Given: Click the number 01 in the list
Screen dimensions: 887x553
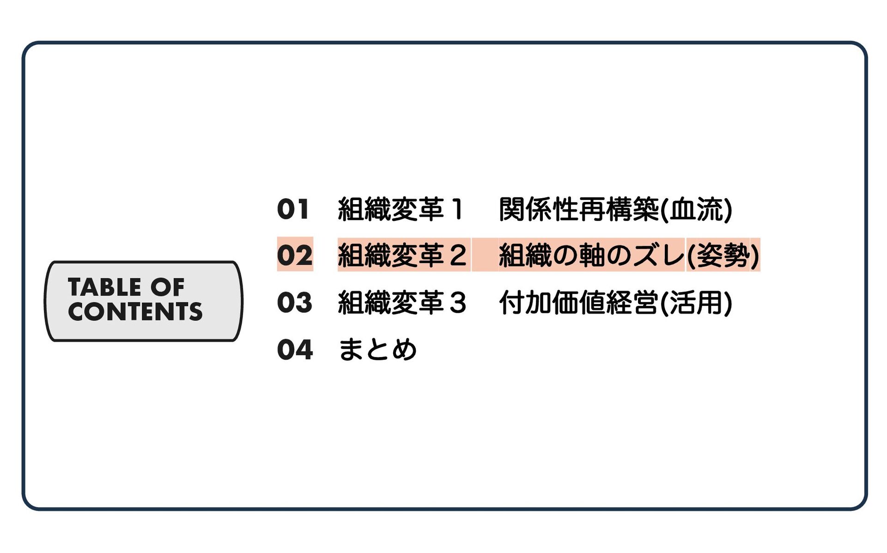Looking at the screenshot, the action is pyautogui.click(x=293, y=209).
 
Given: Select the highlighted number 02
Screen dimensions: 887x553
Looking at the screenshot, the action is pyautogui.click(x=295, y=255).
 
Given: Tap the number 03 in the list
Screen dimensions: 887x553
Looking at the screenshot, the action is pyautogui.click(x=295, y=303).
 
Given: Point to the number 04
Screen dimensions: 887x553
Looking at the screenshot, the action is pyautogui.click(x=295, y=349).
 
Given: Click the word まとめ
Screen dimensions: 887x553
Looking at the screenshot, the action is pyautogui.click(x=377, y=349).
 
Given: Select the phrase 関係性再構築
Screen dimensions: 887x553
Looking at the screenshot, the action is pyautogui.click(x=579, y=209).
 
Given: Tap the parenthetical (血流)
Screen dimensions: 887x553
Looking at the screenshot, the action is pyautogui.click(x=697, y=209).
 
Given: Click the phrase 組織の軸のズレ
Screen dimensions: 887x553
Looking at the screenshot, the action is pyautogui.click(x=591, y=255).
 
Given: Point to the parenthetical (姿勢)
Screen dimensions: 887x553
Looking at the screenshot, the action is pyautogui.click(x=723, y=255).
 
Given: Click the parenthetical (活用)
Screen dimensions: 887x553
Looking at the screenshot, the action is pyautogui.click(x=697, y=303).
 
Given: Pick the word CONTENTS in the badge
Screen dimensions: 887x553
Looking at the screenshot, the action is pyautogui.click(x=135, y=311).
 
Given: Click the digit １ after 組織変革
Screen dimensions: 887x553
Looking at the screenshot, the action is pyautogui.click(x=457, y=209).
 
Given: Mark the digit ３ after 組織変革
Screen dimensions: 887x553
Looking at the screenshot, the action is pyautogui.click(x=457, y=303).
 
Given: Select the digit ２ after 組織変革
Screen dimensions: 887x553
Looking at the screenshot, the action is pyautogui.click(x=457, y=255).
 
